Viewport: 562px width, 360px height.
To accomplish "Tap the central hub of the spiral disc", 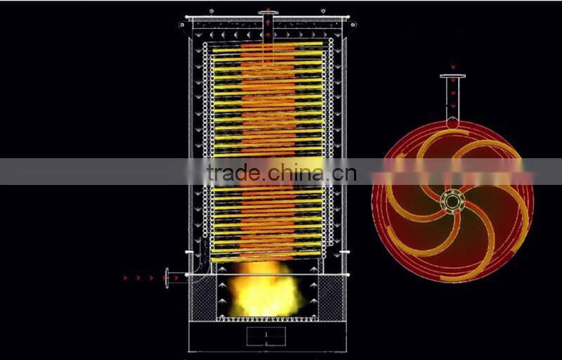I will point(452,202).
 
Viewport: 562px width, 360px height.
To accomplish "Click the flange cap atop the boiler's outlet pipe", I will point(268,12).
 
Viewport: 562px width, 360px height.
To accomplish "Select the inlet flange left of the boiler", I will point(166,278).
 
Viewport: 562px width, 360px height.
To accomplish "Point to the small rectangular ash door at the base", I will point(266,335).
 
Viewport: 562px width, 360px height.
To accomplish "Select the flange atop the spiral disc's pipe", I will point(452,76).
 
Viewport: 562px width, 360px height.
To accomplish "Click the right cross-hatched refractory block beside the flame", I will point(330,297).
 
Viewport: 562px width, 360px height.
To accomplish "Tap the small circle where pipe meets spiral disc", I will point(452,123).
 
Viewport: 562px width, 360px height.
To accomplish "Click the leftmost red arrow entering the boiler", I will point(126,278).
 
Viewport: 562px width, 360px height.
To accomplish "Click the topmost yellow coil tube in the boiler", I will point(268,44).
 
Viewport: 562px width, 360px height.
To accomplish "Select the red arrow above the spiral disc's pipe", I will point(452,67).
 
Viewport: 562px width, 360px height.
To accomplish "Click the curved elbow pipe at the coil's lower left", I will point(202,264).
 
